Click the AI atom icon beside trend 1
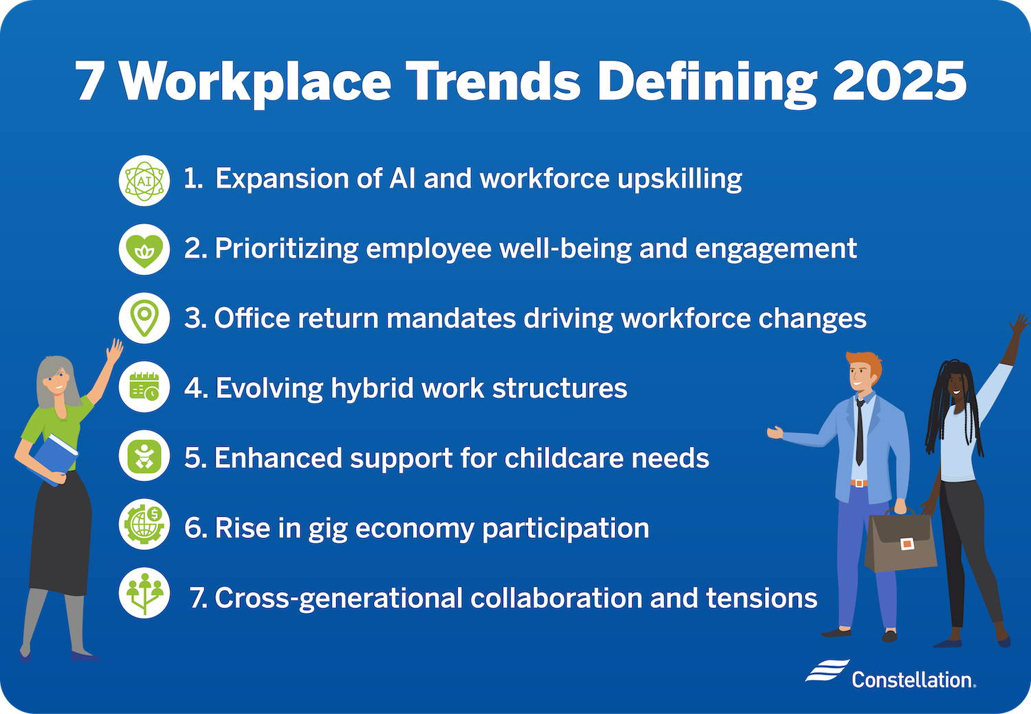(144, 180)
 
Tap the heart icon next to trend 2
(144, 249)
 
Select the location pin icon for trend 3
(144, 318)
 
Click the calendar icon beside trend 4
(144, 388)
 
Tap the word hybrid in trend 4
(372, 388)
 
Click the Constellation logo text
(913, 680)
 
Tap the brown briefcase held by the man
(899, 542)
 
